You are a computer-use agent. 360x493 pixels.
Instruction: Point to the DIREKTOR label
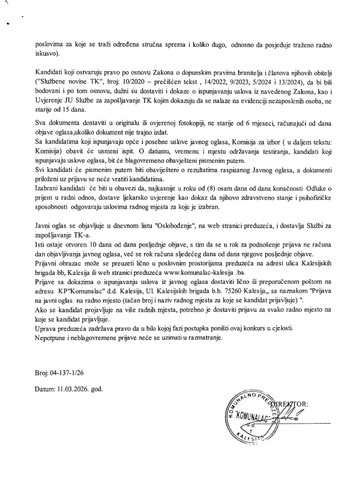(x=289, y=405)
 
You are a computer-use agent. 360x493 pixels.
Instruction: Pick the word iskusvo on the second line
(x=46, y=59)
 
